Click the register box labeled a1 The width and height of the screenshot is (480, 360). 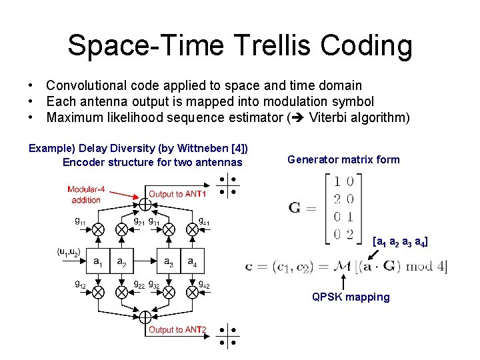97,261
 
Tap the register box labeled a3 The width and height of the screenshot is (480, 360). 169,261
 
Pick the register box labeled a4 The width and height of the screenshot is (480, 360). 193,261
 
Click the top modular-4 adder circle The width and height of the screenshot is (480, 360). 145,203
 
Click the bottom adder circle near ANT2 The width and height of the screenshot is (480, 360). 145,319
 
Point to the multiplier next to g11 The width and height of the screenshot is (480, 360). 97,229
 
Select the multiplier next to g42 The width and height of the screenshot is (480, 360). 193,293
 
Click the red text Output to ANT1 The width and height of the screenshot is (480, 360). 177,194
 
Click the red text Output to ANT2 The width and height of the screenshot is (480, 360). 177,329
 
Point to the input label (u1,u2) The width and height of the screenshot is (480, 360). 68,251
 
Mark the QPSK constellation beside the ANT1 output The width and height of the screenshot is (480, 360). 227,186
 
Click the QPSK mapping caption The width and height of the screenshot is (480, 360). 351,297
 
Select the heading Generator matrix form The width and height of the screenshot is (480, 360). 343,159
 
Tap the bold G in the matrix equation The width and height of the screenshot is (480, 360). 295,207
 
